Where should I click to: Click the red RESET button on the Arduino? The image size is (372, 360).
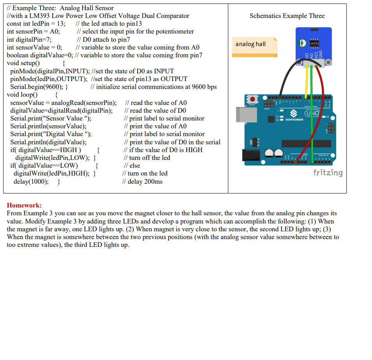(x=253, y=100)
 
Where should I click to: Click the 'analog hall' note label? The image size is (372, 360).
(x=250, y=44)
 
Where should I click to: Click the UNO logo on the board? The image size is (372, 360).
(x=312, y=114)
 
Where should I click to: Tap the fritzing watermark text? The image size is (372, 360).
(x=328, y=172)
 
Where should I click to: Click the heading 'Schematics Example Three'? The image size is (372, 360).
(x=287, y=16)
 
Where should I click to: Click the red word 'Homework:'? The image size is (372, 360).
(x=24, y=206)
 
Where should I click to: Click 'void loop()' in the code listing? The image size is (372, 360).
(x=22, y=95)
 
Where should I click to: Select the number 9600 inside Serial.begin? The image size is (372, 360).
(x=54, y=87)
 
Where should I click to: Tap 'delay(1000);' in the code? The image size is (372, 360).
(x=31, y=181)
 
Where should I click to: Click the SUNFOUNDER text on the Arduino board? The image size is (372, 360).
(x=294, y=119)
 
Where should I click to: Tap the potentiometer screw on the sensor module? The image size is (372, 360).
(x=301, y=43)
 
